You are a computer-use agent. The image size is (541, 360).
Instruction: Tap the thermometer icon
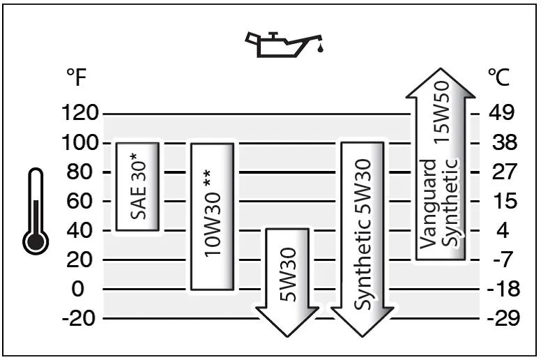[x=35, y=209]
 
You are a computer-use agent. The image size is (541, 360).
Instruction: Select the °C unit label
[x=498, y=77]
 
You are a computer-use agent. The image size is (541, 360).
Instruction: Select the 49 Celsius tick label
[x=501, y=113]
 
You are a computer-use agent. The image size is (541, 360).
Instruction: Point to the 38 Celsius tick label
[x=501, y=142]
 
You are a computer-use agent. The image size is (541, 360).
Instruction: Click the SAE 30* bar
[x=138, y=186]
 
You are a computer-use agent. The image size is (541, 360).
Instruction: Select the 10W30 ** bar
[x=213, y=216]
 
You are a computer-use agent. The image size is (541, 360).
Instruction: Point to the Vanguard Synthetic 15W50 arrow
[x=437, y=167]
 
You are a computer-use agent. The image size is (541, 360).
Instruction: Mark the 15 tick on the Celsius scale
[x=501, y=201]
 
